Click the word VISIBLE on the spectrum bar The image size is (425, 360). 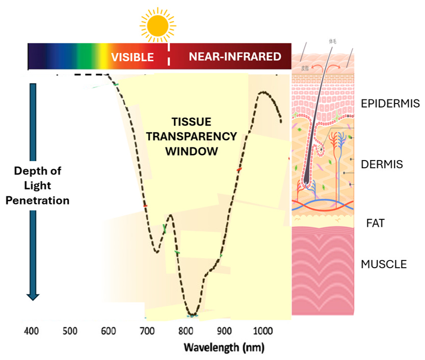click(x=132, y=57)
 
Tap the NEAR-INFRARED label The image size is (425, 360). click(x=235, y=56)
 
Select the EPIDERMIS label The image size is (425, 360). click(x=390, y=104)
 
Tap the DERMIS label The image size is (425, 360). click(x=382, y=165)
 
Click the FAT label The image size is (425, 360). click(x=376, y=223)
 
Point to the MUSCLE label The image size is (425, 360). click(x=384, y=264)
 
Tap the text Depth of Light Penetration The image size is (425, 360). click(x=41, y=185)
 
